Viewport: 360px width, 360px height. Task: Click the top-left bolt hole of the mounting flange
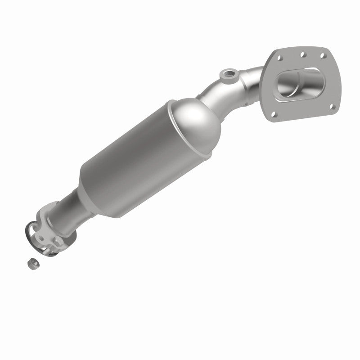pos(279,58)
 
